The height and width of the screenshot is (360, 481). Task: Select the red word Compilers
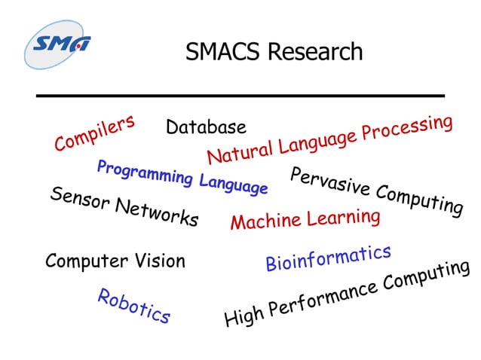tap(94, 133)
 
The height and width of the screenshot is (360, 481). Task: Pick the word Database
tap(206, 127)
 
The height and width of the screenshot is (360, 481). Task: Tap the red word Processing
tap(407, 128)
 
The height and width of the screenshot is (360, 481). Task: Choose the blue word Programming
tap(145, 173)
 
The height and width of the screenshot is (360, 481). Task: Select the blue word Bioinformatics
tap(328, 258)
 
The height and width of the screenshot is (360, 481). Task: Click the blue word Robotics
tap(133, 306)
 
